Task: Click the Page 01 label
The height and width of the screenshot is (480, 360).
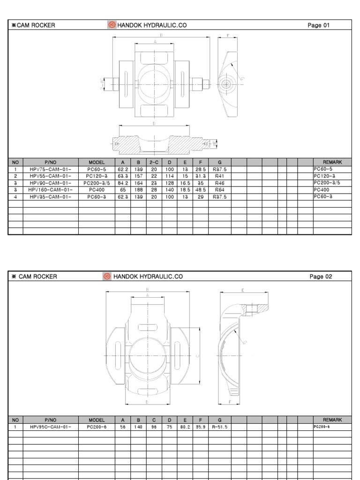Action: (318, 25)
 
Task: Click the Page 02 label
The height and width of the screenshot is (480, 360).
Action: (321, 277)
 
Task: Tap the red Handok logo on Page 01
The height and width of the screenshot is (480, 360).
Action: (112, 25)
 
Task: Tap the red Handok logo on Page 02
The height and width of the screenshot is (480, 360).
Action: (107, 277)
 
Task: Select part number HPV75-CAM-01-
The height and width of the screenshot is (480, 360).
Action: (50, 169)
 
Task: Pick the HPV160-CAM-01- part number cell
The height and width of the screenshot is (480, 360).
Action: (50, 190)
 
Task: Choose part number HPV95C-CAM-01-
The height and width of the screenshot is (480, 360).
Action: (50, 427)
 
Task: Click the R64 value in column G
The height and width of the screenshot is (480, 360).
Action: (219, 190)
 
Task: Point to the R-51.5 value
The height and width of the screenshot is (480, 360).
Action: (219, 427)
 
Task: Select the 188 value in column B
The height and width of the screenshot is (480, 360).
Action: (138, 190)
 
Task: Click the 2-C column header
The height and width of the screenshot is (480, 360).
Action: (154, 162)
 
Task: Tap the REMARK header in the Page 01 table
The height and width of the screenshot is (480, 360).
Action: (332, 162)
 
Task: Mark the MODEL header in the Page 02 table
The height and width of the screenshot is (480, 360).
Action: (97, 420)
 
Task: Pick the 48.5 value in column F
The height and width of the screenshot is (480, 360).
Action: (200, 190)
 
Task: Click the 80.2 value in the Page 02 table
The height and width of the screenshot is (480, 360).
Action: (185, 427)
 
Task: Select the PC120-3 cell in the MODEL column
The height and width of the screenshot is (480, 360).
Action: (97, 176)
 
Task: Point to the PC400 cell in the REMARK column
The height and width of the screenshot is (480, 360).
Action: (322, 190)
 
